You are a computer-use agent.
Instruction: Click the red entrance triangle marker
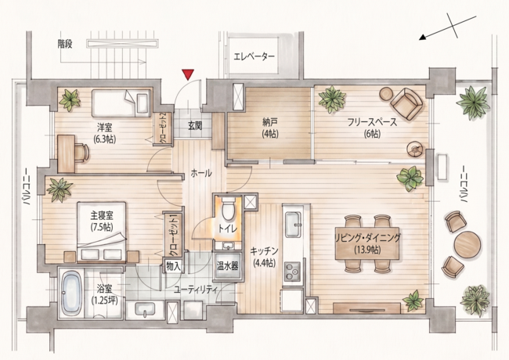click(x=188, y=74)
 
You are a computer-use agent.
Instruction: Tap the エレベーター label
click(x=254, y=57)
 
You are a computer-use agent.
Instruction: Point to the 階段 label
click(x=65, y=44)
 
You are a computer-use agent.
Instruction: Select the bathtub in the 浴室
click(x=71, y=293)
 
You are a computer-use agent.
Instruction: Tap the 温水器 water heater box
click(x=227, y=266)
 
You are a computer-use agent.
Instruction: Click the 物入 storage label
click(x=173, y=267)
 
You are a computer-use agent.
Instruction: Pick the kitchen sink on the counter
click(x=294, y=225)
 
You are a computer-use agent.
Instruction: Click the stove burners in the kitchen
click(x=293, y=271)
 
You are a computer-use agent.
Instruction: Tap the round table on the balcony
click(x=467, y=244)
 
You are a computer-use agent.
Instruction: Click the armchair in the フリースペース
click(x=407, y=103)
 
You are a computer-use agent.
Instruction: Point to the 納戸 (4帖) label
click(x=270, y=128)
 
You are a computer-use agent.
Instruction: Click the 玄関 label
click(x=195, y=125)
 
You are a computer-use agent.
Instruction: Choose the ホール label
click(x=201, y=173)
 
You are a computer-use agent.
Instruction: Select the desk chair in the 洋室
click(x=82, y=152)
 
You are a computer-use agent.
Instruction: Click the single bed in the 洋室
click(x=121, y=103)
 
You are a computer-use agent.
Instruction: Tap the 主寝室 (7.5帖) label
click(x=102, y=221)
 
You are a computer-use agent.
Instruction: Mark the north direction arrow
click(x=447, y=28)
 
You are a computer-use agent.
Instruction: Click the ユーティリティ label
click(x=196, y=290)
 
